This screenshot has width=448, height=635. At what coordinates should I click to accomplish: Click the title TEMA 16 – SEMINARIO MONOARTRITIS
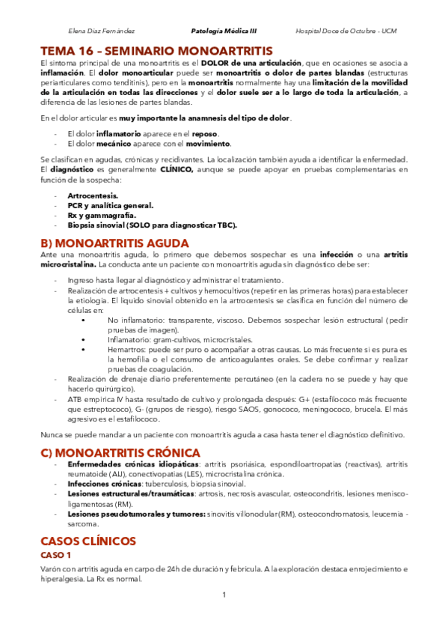pos(157,50)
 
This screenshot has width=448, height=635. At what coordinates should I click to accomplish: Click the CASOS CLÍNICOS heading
pos(88,540)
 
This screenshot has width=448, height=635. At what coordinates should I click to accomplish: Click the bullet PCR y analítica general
pos(110,204)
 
